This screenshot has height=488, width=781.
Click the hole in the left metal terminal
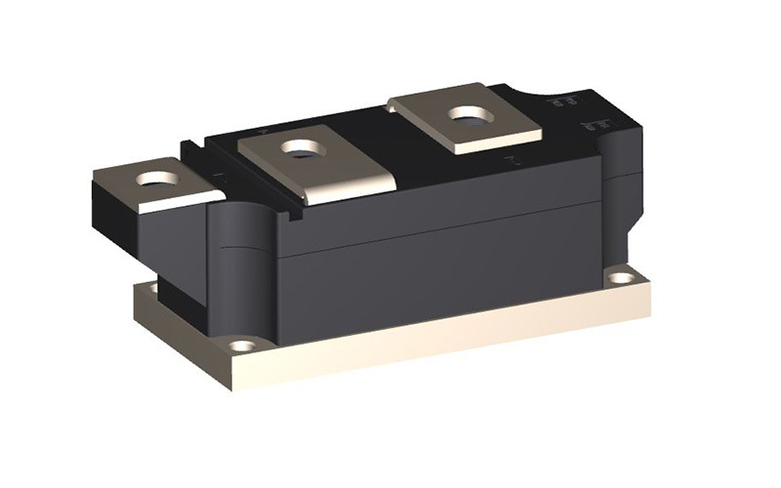tap(156, 179)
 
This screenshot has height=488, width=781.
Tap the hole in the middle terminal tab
tap(302, 148)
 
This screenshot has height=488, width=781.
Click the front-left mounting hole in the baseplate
tap(242, 345)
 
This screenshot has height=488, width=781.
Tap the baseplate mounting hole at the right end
tap(620, 277)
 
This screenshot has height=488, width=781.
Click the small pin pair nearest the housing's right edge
tap(590, 127)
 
